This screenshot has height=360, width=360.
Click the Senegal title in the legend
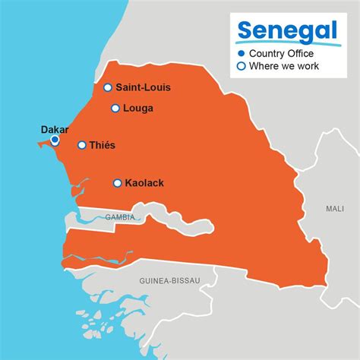tap(277, 30)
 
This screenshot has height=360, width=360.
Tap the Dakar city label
tap(55, 129)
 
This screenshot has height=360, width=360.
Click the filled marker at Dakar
tap(55, 140)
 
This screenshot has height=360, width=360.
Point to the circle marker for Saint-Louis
tap(108, 87)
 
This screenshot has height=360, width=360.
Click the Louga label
tap(137, 108)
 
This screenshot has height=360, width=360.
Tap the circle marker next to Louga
tap(115, 108)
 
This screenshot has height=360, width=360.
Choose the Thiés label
tap(103, 145)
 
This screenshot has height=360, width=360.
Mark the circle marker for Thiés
tap(82, 145)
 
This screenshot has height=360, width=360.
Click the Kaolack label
tap(144, 183)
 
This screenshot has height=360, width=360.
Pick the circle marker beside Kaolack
tap(117, 183)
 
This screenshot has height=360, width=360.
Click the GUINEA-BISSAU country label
tap(169, 281)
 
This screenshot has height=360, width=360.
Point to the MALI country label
tap(334, 208)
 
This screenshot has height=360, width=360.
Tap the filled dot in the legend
tap(242, 53)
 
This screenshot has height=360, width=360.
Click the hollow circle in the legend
tap(242, 66)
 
